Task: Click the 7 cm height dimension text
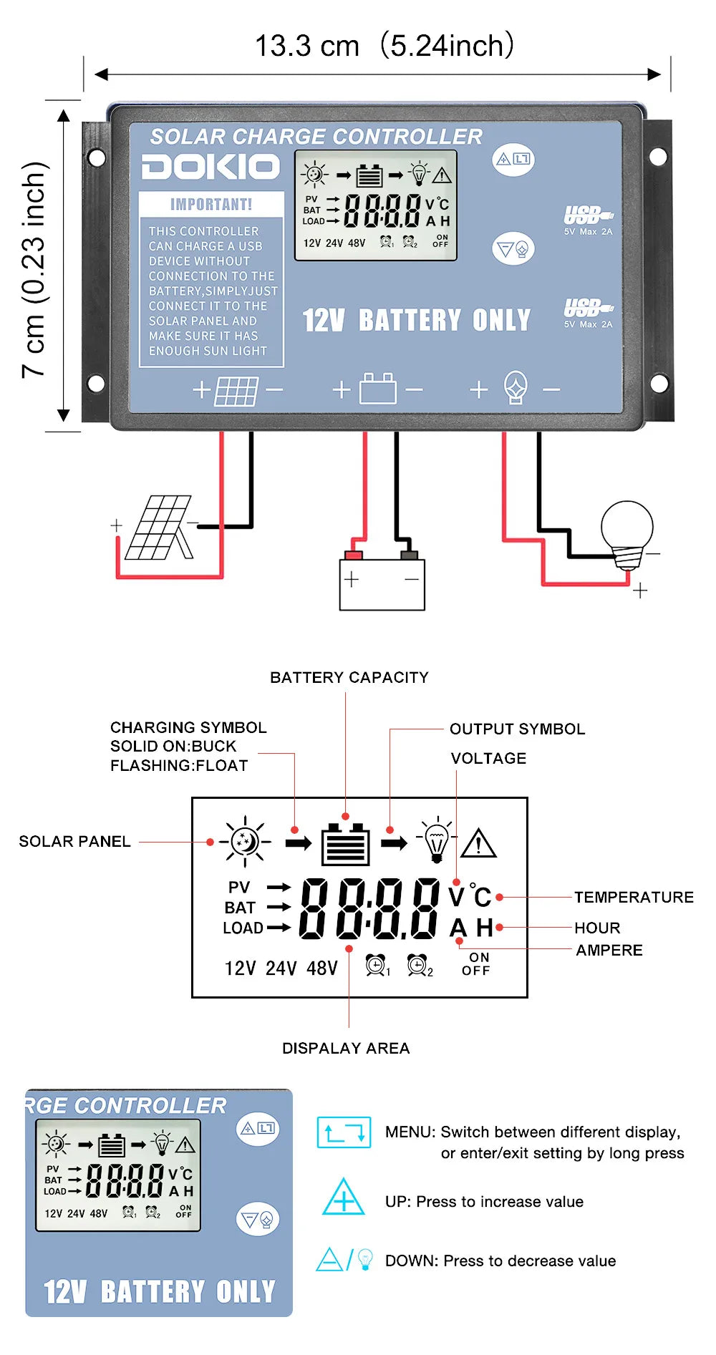click(34, 269)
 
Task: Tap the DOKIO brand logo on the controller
click(211, 167)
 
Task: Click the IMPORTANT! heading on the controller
click(211, 205)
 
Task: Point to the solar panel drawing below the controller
click(159, 528)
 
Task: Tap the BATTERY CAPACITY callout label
click(349, 677)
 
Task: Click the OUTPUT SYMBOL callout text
click(517, 729)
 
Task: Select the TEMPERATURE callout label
click(634, 897)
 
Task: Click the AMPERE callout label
click(609, 950)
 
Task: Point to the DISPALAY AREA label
click(346, 1048)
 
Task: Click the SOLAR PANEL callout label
click(74, 841)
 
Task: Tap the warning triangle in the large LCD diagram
click(478, 843)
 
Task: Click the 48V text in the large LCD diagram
click(321, 968)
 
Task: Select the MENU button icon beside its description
click(344, 1132)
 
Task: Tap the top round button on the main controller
click(513, 159)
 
